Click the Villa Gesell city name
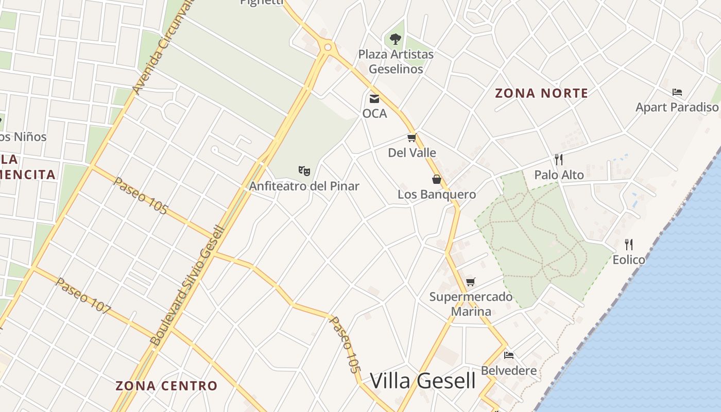[423, 381]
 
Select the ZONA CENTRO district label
[166, 386]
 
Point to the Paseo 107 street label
[83, 296]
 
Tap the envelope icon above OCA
[374, 98]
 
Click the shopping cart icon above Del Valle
[411, 138]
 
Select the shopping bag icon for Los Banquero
[437, 179]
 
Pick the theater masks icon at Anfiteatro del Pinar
[304, 170]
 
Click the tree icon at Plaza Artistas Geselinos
[396, 39]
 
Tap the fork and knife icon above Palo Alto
[559, 159]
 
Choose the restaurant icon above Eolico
[628, 244]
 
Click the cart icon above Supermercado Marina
[471, 282]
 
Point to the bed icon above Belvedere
[509, 355]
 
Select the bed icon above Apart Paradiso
[677, 92]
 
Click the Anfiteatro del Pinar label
[304, 186]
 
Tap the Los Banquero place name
[437, 195]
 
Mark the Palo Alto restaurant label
[559, 175]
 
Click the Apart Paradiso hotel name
[677, 107]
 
